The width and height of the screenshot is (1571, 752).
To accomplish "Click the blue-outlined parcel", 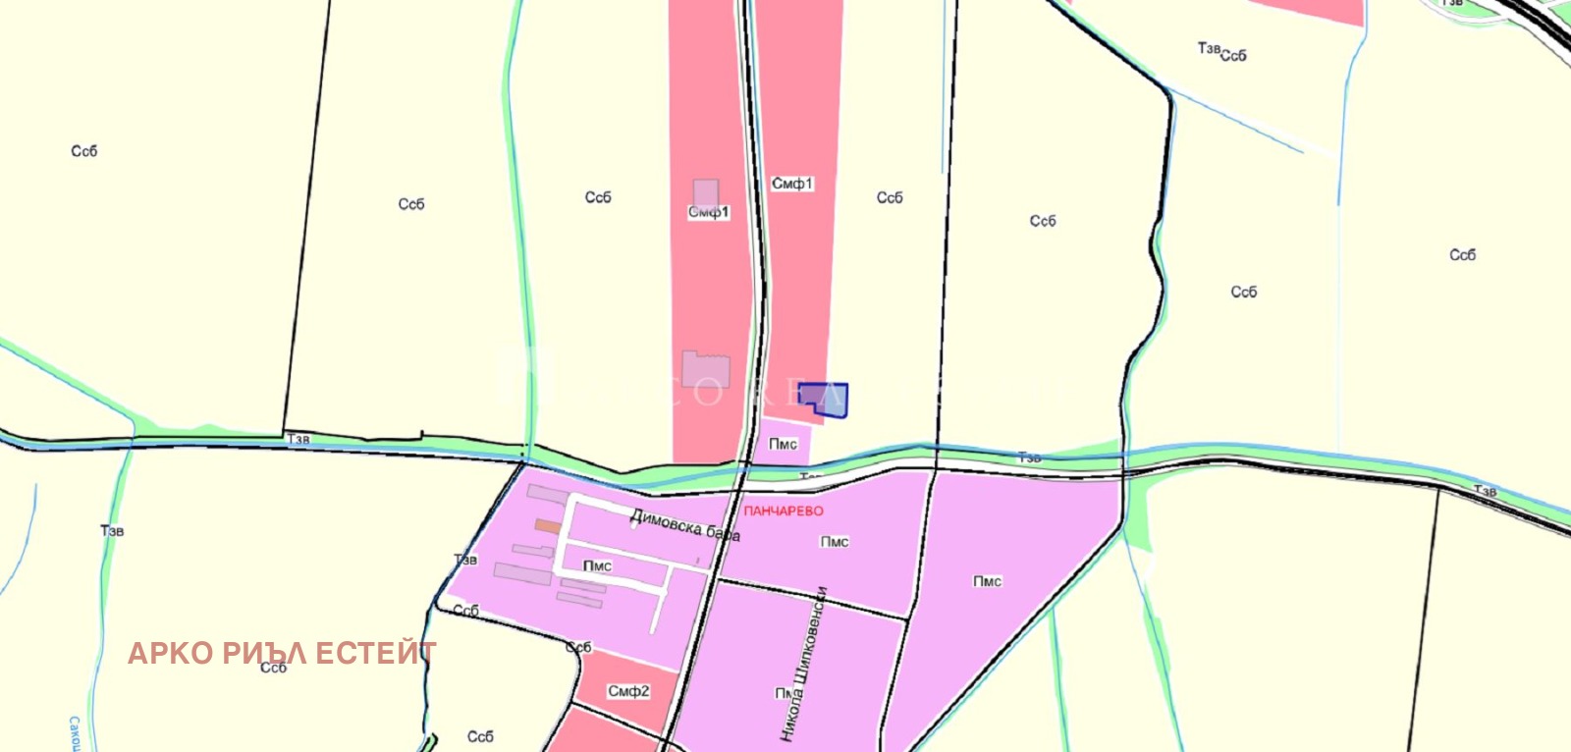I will pyautogui.click(x=825, y=400).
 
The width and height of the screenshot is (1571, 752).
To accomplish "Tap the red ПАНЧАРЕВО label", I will pyautogui.click(x=784, y=510).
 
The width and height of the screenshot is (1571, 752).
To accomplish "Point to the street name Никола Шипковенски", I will pyautogui.click(x=803, y=664).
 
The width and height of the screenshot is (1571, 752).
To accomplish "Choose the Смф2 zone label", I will pyautogui.click(x=628, y=691).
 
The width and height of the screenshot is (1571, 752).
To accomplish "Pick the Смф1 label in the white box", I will pyautogui.click(x=792, y=184).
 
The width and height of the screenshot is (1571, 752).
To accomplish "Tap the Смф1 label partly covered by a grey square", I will pyautogui.click(x=708, y=212).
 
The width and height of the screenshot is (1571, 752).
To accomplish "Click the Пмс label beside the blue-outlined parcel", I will pyautogui.click(x=783, y=444).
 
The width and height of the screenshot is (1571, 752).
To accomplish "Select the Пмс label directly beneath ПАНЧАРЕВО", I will pyautogui.click(x=834, y=542).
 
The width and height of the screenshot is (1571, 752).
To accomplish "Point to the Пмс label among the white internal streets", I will pyautogui.click(x=597, y=566).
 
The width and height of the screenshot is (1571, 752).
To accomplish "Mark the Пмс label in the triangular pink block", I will pyautogui.click(x=987, y=582).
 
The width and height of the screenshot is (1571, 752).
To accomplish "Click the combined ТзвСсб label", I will pyautogui.click(x=1222, y=52).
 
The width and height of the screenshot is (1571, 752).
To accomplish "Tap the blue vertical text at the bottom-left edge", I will pyautogui.click(x=75, y=734).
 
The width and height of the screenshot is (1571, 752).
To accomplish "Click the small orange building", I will pyautogui.click(x=547, y=526).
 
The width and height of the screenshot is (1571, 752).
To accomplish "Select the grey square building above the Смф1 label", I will pyautogui.click(x=705, y=192).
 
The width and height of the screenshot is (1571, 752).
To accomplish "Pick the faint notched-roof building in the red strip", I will pyautogui.click(x=706, y=368).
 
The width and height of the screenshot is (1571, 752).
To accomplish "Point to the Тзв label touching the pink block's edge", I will pyautogui.click(x=465, y=560).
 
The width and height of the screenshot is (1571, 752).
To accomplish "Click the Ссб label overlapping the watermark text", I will pyautogui.click(x=273, y=668).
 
